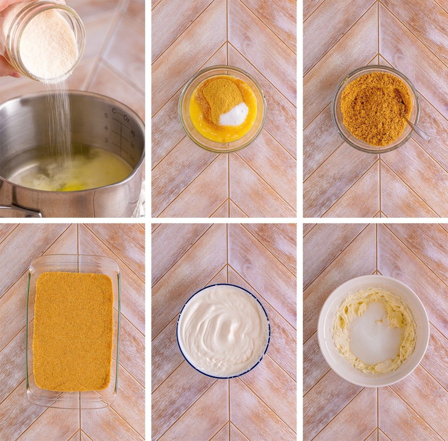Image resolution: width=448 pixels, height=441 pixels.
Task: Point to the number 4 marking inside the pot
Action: [x=106, y=128]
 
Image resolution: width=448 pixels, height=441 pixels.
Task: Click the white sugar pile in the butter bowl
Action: [x=234, y=114]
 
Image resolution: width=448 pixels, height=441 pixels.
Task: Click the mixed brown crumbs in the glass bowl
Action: [x=370, y=108]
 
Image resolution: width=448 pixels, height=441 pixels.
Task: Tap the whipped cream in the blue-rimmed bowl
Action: [x=223, y=330]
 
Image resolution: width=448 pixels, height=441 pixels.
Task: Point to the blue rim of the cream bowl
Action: [x=179, y=336]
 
